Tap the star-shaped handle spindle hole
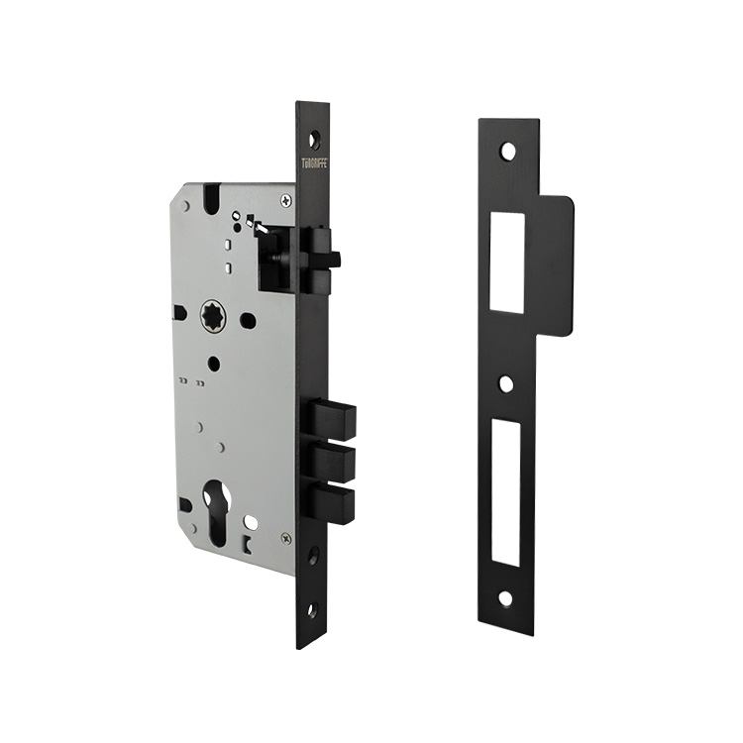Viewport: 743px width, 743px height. (214, 319)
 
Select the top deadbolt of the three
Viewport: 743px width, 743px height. (333, 419)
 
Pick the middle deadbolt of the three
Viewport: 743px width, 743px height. (333, 461)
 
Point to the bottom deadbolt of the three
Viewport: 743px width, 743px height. (333, 502)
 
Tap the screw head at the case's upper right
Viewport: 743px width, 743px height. (286, 201)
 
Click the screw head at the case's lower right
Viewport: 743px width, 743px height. (286, 538)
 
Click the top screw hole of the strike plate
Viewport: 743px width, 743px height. (507, 152)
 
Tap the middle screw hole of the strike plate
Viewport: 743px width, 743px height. (506, 383)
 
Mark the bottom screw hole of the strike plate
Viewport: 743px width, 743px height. (505, 597)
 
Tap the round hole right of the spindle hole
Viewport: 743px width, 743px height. (249, 321)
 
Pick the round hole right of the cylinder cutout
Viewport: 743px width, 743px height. (252, 521)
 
